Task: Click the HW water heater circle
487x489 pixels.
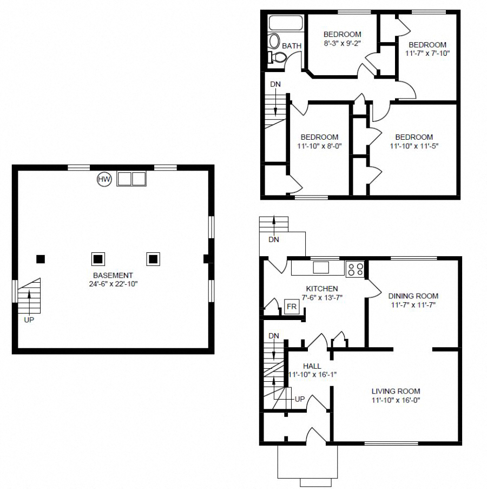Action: (104, 179)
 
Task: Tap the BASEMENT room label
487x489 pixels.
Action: (113, 276)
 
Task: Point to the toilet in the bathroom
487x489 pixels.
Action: (277, 57)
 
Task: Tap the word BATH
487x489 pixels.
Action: (292, 46)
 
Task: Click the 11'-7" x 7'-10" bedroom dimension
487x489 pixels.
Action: (427, 53)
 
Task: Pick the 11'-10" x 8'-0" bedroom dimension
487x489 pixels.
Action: (319, 146)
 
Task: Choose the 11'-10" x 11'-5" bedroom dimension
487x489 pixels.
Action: (413, 146)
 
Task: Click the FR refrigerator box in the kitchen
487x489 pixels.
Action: (292, 307)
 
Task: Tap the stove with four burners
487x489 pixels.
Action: (354, 269)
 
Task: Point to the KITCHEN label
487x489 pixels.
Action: (322, 289)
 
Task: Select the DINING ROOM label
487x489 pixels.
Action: (413, 296)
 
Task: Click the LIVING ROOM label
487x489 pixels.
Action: (396, 391)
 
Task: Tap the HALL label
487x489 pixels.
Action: (312, 366)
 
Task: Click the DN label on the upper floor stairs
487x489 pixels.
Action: (275, 84)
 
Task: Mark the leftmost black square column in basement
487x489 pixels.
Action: (40, 259)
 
